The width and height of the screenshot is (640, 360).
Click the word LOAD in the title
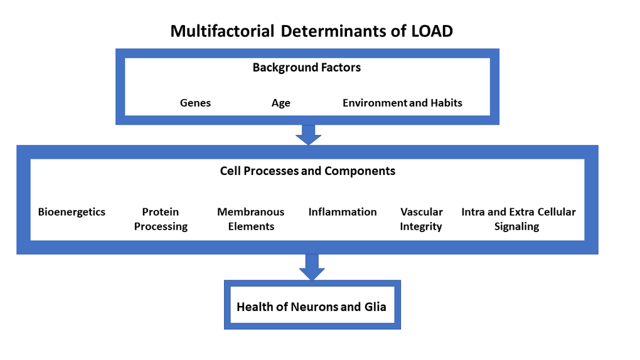click(x=432, y=31)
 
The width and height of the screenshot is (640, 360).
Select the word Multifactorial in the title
click(x=222, y=31)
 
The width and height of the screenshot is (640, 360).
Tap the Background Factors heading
click(x=306, y=68)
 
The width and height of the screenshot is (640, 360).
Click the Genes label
click(x=195, y=103)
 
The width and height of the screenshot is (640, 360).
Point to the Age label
click(x=280, y=103)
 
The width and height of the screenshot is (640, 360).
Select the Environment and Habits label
click(x=402, y=103)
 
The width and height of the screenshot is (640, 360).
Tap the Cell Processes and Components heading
click(x=307, y=171)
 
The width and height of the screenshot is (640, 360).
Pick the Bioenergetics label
click(x=72, y=212)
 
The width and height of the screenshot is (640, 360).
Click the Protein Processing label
click(x=161, y=220)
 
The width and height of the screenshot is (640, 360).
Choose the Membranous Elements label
click(x=250, y=220)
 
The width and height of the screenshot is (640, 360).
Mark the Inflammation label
click(x=343, y=212)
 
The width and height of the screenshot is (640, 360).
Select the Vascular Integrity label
click(x=421, y=220)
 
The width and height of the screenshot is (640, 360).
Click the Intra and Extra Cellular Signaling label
click(x=518, y=220)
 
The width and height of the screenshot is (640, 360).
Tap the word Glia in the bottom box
click(x=375, y=307)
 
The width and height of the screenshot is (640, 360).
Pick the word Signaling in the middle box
click(x=516, y=227)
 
